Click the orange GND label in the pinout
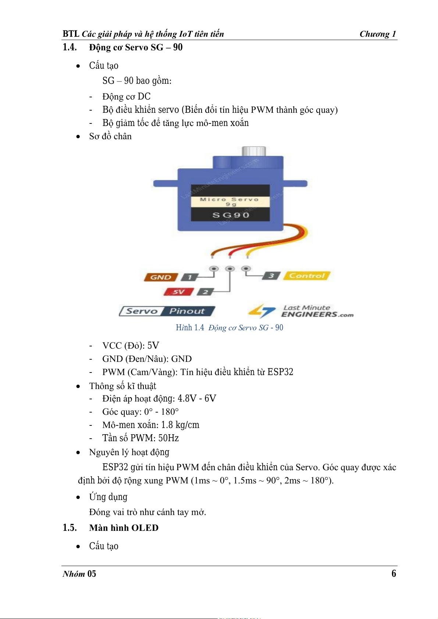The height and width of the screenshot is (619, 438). pos(161,277)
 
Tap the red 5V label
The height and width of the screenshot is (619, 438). pos(178,292)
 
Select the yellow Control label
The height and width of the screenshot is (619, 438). pos(307,276)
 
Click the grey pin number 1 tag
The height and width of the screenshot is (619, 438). pos(189,277)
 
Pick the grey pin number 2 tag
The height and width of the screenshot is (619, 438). pos(205,292)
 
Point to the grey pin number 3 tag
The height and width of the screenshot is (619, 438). pos(271,276)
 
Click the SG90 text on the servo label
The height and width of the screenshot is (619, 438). pos(231,215)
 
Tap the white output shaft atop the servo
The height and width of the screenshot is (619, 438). pos(254,151)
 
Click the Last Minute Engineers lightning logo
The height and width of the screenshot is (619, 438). pos(262,311)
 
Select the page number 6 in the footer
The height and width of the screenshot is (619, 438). pos(394,573)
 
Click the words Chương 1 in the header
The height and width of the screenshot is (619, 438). pos(378,34)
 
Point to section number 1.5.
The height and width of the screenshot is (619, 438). pos(70,527)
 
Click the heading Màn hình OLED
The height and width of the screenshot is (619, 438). pos(124,528)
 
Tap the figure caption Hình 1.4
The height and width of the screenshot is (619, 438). pos(190,327)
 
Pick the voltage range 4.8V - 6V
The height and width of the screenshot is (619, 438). pos(197,399)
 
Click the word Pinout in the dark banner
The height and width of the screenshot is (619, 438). pos(187,311)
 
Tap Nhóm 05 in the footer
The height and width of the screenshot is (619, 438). pos(79,574)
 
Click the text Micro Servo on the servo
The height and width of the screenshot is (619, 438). pos(229,199)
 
